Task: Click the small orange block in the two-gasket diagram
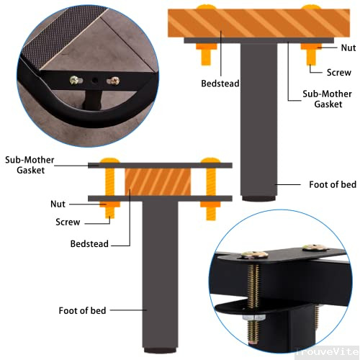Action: click(150, 181)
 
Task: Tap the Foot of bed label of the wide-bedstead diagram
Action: click(333, 184)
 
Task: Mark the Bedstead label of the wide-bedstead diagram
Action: click(220, 84)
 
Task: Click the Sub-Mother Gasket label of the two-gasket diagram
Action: click(25, 165)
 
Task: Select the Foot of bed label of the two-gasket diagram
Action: click(82, 310)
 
